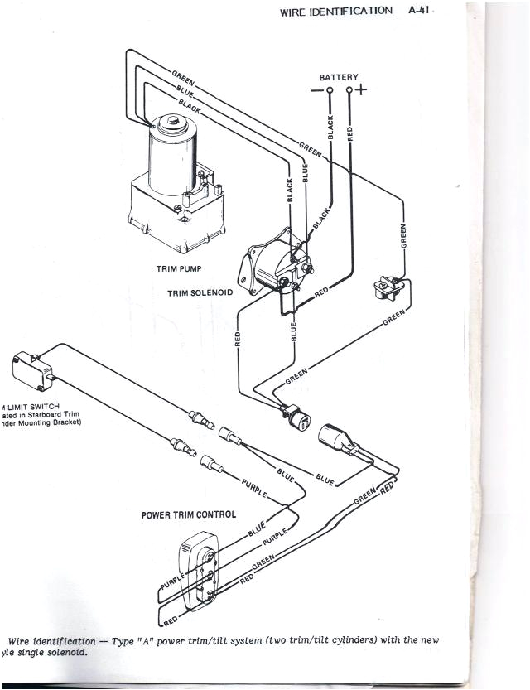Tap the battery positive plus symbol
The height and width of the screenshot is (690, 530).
[362, 89]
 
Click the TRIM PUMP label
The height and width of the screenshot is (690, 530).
[179, 269]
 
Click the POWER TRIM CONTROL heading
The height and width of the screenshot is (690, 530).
[189, 514]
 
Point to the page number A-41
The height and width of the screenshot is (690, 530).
[421, 11]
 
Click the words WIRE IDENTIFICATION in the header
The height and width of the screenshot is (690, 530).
[336, 11]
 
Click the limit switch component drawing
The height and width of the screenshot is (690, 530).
[31, 367]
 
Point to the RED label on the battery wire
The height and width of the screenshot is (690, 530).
[350, 133]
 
